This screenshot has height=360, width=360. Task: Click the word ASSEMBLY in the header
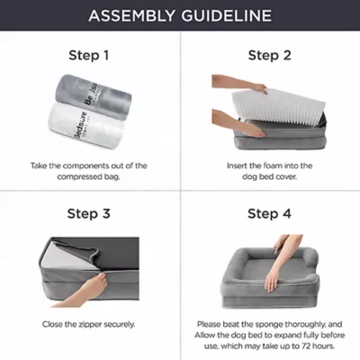pos(131,16)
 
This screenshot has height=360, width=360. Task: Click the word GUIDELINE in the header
pos(227,16)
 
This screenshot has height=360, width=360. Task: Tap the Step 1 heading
pos(89,56)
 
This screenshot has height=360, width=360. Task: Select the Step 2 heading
pos(269,56)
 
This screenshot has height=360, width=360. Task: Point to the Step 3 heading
pos(89,214)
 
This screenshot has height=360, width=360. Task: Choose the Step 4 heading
pos(269,214)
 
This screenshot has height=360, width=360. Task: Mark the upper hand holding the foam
pos(240,84)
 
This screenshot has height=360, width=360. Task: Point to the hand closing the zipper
pos(87,291)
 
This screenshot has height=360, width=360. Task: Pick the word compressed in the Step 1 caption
pos(80,176)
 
